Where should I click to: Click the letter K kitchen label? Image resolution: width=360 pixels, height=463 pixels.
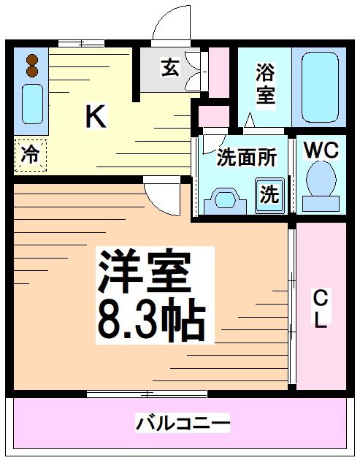[x=96, y=116]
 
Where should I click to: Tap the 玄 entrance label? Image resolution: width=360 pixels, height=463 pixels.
[x=169, y=69]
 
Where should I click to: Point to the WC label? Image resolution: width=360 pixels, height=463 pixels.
[x=321, y=150]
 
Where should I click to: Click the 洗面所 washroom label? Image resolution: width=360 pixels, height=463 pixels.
[x=247, y=158]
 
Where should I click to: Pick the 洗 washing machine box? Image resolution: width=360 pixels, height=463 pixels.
[x=269, y=194]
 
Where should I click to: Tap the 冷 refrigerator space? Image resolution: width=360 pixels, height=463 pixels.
[x=30, y=155]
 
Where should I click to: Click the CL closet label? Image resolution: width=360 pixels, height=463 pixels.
[x=320, y=309]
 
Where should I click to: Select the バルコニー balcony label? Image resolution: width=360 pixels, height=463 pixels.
[x=183, y=423]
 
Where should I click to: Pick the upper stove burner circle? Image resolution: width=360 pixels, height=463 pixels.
[x=31, y=59]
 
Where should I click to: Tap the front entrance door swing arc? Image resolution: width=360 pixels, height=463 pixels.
[x=169, y=26]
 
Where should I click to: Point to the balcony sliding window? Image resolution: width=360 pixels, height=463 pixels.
[x=146, y=394]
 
